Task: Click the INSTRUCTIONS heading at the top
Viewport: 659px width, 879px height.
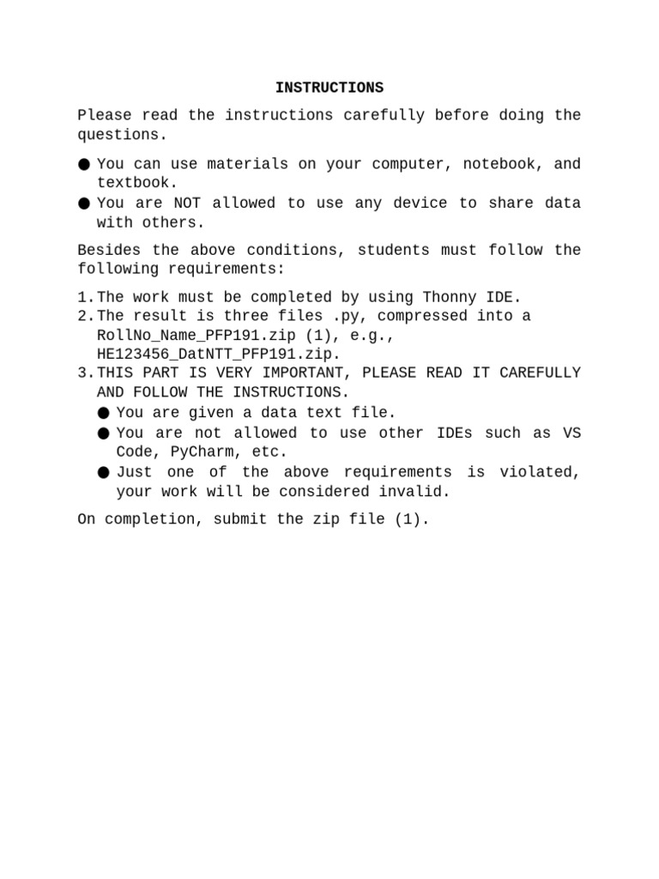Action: coord(329,88)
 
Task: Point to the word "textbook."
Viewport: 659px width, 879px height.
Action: coord(137,183)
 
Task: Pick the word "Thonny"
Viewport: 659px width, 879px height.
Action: coord(450,297)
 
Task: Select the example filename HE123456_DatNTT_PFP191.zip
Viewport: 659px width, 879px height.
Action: coord(219,354)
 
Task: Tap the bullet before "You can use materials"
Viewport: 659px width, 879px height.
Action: coord(84,164)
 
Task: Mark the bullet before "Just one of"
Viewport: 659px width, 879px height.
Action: coord(104,472)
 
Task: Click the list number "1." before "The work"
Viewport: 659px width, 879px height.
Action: coord(86,297)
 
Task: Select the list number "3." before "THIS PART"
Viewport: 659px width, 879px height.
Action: coord(86,373)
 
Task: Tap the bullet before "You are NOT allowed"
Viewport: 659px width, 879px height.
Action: coord(84,203)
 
